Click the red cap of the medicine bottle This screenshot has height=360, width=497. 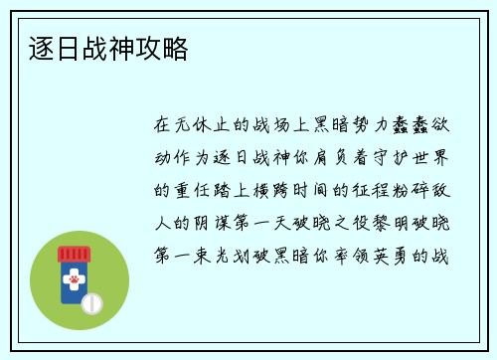coord(73,255)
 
